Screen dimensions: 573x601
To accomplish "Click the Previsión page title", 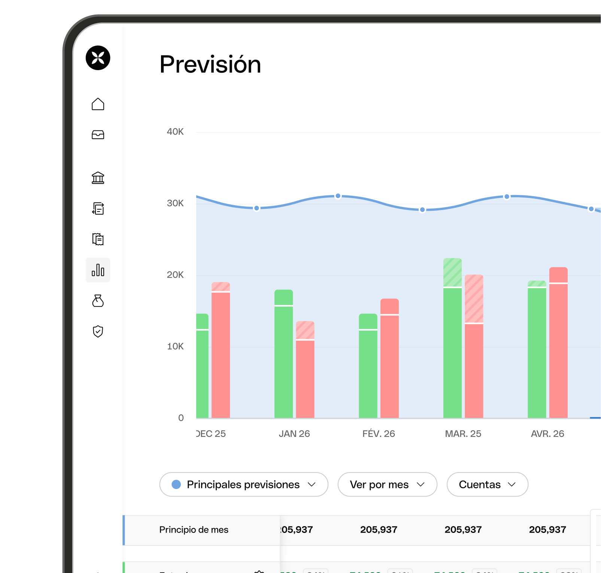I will (210, 64).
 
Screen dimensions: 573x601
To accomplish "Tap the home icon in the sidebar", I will (98, 104).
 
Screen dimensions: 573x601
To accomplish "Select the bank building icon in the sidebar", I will (98, 177).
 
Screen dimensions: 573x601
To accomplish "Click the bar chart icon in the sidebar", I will (98, 270).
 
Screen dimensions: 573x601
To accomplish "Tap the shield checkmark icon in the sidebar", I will (98, 331).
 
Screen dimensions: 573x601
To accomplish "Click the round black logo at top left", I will (98, 58).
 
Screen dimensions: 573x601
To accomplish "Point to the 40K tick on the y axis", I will (175, 132).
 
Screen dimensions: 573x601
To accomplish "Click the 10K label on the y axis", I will (175, 346).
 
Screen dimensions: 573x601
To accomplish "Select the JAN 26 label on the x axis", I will (294, 434).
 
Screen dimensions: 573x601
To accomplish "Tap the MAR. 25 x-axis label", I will (463, 434).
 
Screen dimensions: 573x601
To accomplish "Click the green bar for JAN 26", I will (283, 356).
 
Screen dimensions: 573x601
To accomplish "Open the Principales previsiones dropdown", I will (244, 484).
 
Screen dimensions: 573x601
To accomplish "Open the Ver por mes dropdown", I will (387, 484).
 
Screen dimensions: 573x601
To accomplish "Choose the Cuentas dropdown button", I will (487, 484).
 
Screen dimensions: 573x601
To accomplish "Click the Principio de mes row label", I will (194, 530).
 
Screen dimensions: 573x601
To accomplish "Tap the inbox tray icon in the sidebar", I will (98, 135).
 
